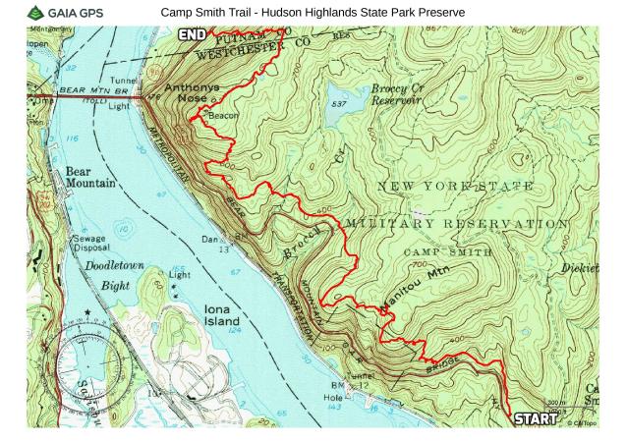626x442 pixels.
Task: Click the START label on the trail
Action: (x=537, y=419)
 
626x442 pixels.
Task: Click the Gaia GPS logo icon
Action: (x=36, y=13)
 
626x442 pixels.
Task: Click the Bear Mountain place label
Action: (x=91, y=177)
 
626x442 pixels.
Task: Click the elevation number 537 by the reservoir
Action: (x=339, y=103)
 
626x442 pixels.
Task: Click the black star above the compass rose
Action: (x=87, y=312)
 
